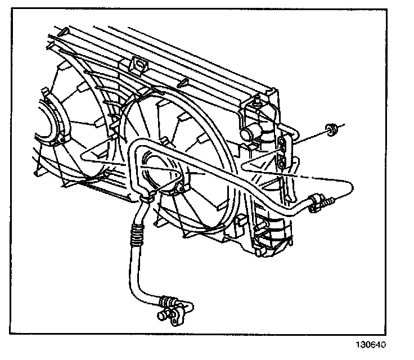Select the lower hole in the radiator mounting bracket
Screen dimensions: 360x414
point(281,163)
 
